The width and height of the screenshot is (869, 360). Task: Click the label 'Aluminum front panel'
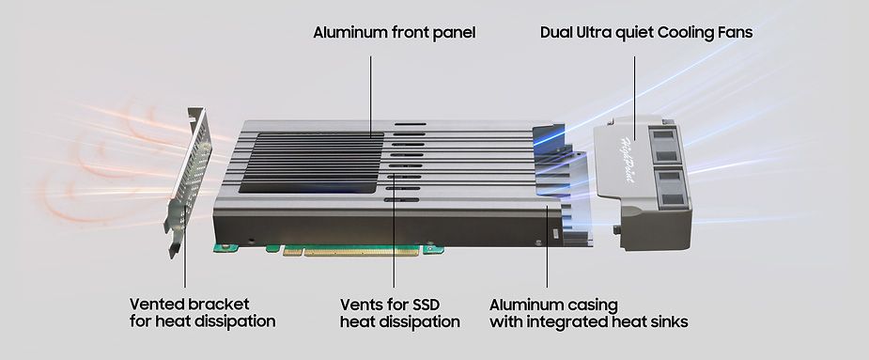pos(395,33)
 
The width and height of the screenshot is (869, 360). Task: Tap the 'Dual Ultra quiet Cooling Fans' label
pos(646,33)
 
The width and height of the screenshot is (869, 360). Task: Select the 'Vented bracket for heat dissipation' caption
pos(202,312)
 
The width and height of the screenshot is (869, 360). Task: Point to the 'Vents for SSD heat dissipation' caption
pos(399,312)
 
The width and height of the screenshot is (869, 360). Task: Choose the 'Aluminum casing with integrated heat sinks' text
pos(589,312)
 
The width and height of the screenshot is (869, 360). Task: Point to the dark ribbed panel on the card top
pos(310,162)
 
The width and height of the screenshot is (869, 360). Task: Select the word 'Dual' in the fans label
pos(558,33)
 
